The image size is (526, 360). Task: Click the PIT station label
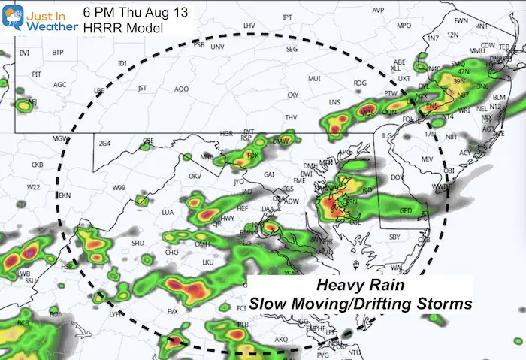[x=35, y=74]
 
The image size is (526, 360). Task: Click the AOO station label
[x=181, y=89]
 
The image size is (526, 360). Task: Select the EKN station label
[x=65, y=195]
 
